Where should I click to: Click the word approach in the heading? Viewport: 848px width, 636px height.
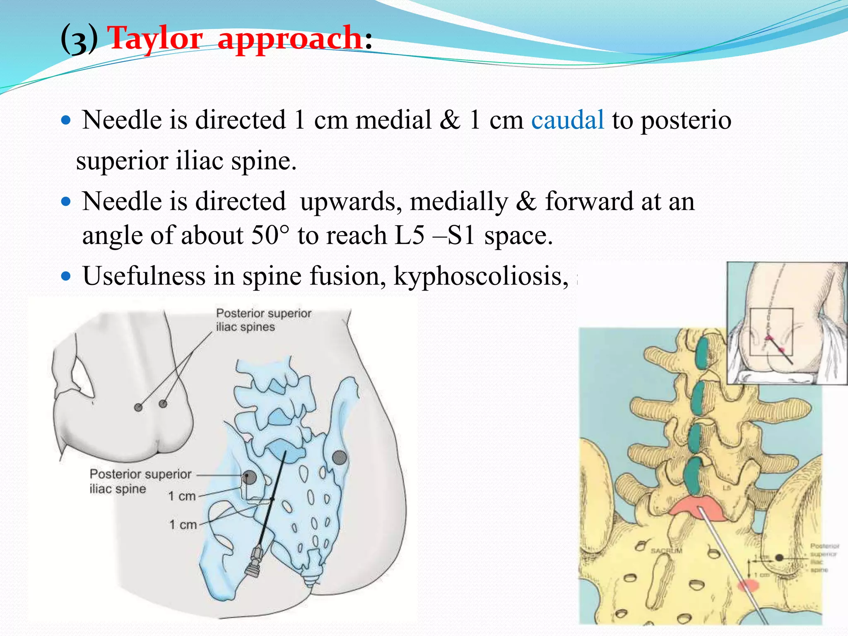tap(290, 38)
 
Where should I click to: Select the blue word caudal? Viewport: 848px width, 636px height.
tap(567, 120)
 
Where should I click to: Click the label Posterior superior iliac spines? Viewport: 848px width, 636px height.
tap(263, 320)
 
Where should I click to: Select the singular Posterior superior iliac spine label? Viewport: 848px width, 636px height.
tap(140, 481)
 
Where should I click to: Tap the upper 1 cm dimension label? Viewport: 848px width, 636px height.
tap(182, 496)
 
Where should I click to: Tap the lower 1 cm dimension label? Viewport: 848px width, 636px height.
tap(183, 525)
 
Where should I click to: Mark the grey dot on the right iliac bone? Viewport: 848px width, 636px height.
tap(340, 457)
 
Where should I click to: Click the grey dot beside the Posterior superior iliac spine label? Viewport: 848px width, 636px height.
tap(249, 477)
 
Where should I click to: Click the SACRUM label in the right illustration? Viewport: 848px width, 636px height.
tap(666, 551)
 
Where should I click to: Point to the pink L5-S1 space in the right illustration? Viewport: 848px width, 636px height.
tap(697, 509)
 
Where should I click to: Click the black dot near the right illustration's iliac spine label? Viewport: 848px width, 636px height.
tap(779, 558)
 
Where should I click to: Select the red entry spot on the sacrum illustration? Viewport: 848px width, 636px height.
tap(748, 585)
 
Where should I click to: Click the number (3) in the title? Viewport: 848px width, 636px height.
tap(79, 39)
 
